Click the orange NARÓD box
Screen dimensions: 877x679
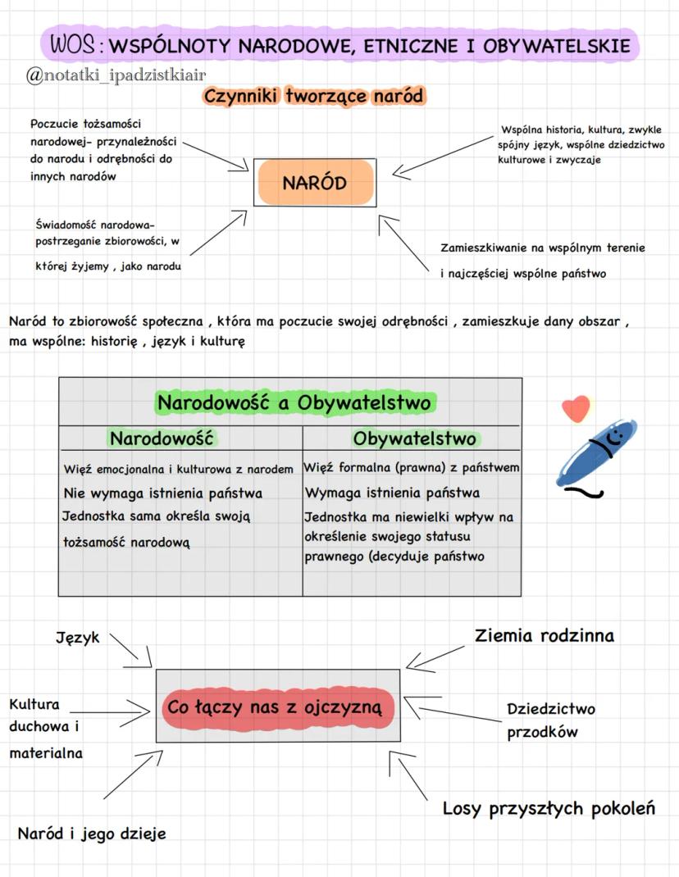(x=315, y=183)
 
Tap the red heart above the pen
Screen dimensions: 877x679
(x=576, y=407)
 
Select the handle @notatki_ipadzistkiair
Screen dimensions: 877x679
(x=116, y=75)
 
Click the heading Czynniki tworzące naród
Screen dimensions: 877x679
(x=314, y=97)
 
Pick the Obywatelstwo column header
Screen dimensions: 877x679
(x=414, y=438)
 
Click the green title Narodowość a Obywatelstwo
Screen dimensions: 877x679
(x=294, y=403)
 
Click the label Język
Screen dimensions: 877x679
(x=77, y=637)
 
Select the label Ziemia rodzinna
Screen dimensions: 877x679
(x=544, y=635)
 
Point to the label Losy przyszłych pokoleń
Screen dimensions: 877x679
(x=549, y=809)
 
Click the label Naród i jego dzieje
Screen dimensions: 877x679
(x=92, y=834)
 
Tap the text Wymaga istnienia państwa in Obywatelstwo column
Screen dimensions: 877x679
(x=392, y=493)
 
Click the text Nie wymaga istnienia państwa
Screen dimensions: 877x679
(x=162, y=493)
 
